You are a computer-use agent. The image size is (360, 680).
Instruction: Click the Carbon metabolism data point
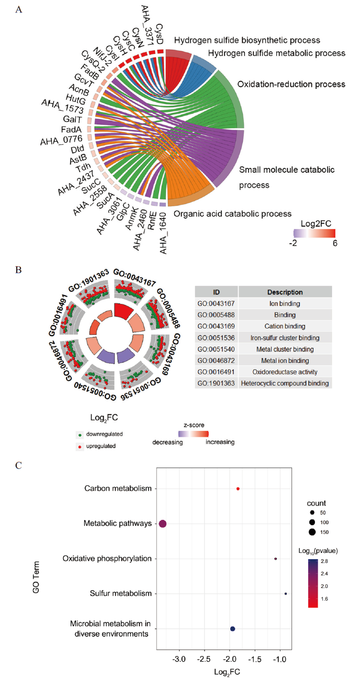(x=238, y=489)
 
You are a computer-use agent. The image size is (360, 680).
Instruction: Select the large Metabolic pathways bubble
(x=163, y=524)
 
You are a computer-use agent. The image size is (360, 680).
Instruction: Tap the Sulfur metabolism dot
(x=286, y=594)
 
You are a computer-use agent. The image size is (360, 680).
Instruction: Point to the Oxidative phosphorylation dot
(x=276, y=559)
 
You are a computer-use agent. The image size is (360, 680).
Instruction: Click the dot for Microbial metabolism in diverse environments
(x=232, y=629)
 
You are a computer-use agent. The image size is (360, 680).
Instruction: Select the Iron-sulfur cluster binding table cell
(x=285, y=338)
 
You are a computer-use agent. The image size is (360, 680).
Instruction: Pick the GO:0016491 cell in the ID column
(x=216, y=372)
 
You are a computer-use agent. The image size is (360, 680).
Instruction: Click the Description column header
(x=285, y=292)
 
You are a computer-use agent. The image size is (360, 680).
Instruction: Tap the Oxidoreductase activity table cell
(x=285, y=372)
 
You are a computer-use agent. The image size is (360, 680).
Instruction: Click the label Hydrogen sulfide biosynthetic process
(x=246, y=40)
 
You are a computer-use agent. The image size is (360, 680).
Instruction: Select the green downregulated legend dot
(x=78, y=434)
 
